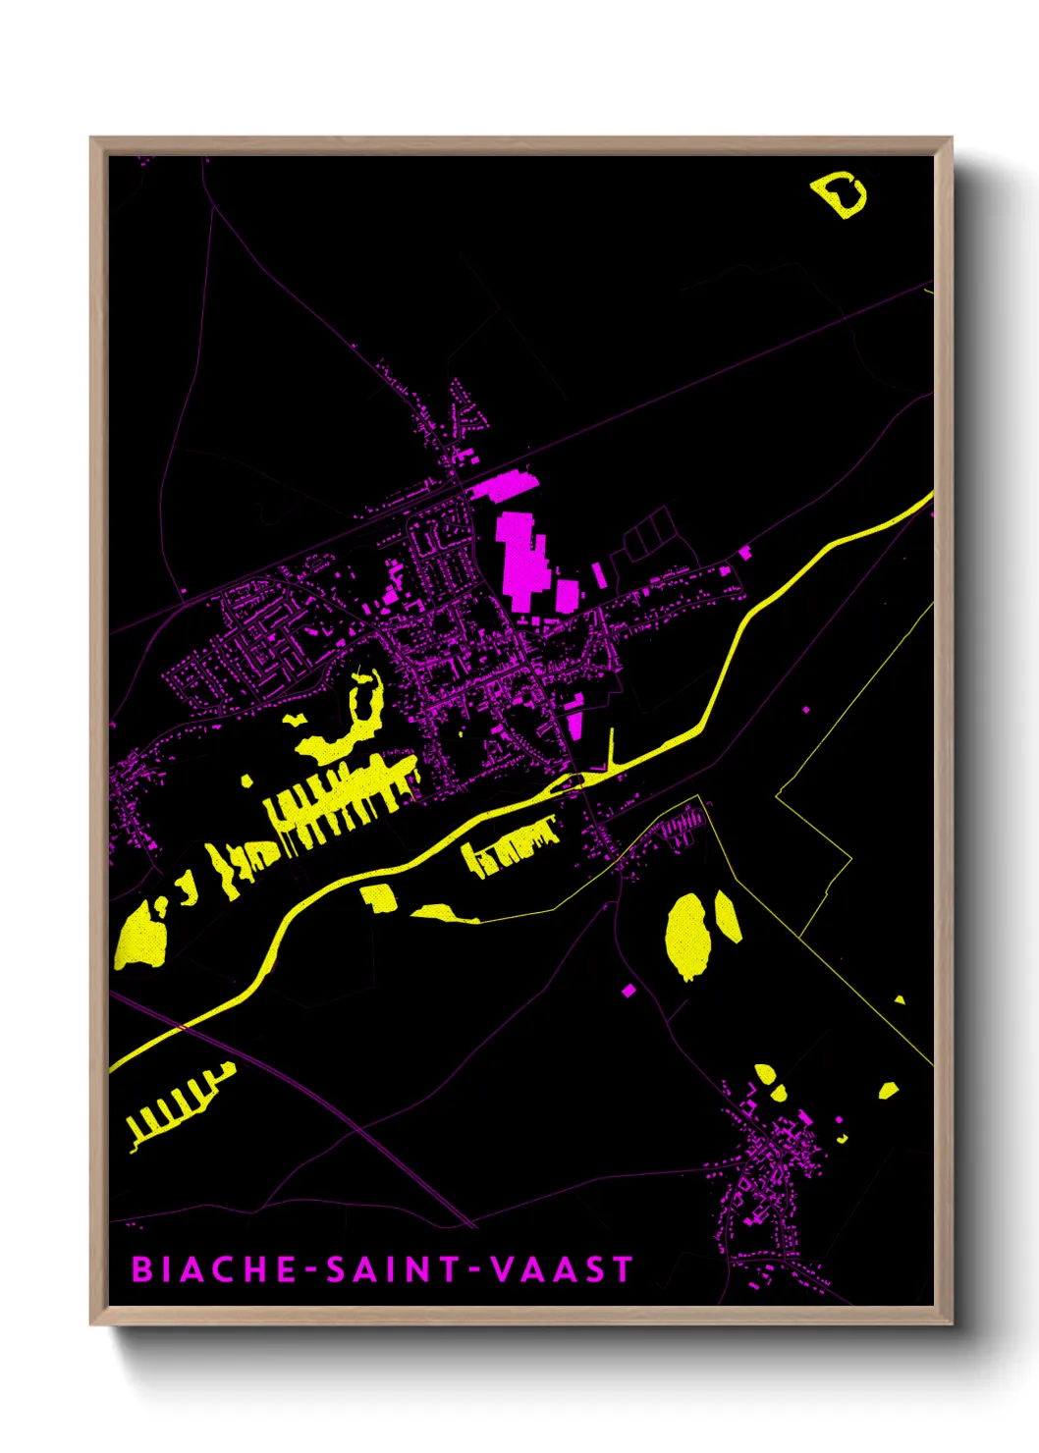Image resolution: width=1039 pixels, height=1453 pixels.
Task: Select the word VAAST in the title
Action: tap(561, 1268)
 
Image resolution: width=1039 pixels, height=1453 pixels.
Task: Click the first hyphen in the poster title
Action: tap(312, 1270)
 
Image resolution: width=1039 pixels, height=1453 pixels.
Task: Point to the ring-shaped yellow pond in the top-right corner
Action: tap(841, 195)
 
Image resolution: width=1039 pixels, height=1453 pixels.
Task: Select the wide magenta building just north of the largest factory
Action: tap(504, 486)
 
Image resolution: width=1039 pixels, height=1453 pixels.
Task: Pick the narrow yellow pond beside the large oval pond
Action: tap(728, 917)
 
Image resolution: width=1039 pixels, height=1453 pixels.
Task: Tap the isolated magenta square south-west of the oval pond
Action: tap(629, 991)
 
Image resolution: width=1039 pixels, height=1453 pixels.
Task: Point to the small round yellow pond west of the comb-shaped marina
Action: tap(247, 781)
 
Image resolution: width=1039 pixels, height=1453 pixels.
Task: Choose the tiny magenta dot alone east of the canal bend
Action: tap(806, 709)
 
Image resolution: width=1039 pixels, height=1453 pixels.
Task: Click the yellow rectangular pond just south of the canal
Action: tap(378, 896)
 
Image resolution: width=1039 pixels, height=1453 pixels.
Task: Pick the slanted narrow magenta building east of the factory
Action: tap(598, 575)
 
